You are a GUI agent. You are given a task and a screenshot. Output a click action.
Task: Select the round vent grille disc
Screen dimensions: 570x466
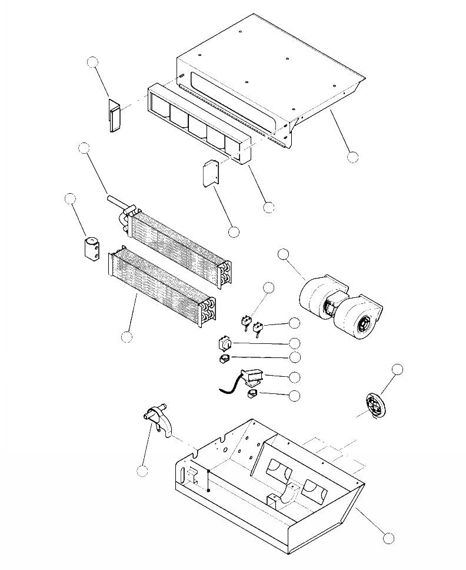tap(375, 406)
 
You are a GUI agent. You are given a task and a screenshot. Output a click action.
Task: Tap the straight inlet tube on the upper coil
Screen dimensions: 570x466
tap(115, 201)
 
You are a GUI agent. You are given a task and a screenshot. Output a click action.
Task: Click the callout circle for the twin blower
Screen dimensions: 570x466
tap(284, 254)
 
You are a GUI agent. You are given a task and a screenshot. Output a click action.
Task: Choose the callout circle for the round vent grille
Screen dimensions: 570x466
tap(398, 369)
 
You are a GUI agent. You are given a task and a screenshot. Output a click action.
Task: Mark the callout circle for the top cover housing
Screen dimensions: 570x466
tap(352, 157)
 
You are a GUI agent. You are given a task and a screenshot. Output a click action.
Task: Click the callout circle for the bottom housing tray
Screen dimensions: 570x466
tap(388, 538)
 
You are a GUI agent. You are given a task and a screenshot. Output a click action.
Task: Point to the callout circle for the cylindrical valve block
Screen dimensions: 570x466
tap(71, 198)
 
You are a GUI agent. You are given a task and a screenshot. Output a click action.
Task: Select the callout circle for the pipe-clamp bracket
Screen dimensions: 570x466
tap(142, 470)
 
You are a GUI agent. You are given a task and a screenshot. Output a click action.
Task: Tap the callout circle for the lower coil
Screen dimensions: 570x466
tap(127, 336)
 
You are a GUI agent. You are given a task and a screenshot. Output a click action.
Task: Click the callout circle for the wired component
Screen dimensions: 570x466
tap(294, 376)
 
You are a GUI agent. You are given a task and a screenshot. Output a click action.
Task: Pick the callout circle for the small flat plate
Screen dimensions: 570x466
tap(234, 232)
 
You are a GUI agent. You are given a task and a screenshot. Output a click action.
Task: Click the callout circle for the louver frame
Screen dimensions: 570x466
tap(269, 207)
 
